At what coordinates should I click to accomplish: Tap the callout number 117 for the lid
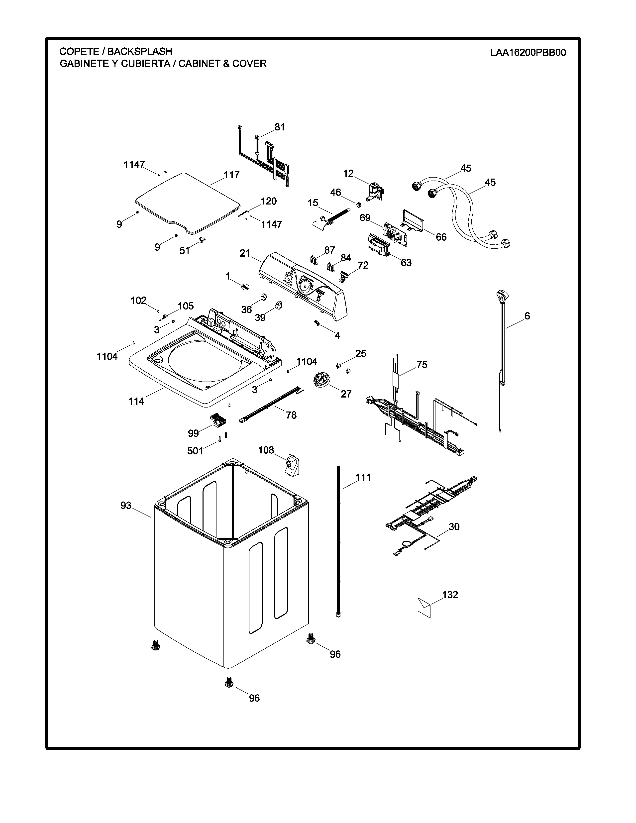click(231, 175)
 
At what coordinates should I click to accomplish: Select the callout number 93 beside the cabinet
click(126, 505)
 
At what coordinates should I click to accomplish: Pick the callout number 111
click(363, 477)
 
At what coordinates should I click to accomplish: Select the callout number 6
click(527, 316)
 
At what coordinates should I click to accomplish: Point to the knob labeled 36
click(263, 297)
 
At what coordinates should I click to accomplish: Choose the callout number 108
click(266, 450)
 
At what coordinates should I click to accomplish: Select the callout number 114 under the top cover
click(136, 401)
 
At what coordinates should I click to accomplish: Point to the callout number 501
click(195, 451)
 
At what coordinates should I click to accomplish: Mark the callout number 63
click(406, 262)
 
